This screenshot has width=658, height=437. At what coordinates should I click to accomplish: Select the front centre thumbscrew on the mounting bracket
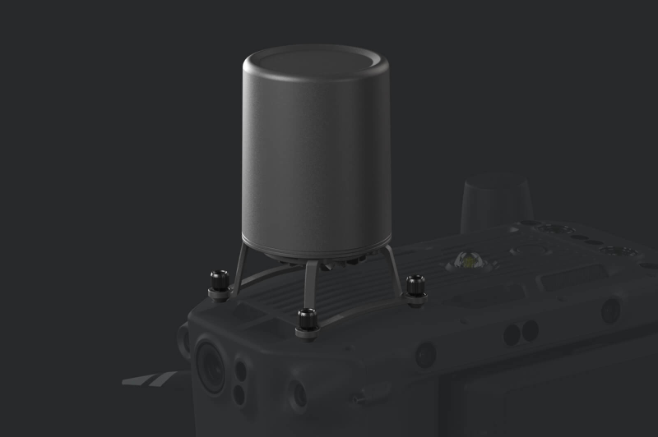point(308,321)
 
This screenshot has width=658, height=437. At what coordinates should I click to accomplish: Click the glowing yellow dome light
point(466,261)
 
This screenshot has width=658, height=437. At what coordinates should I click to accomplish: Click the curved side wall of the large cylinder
point(313,164)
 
